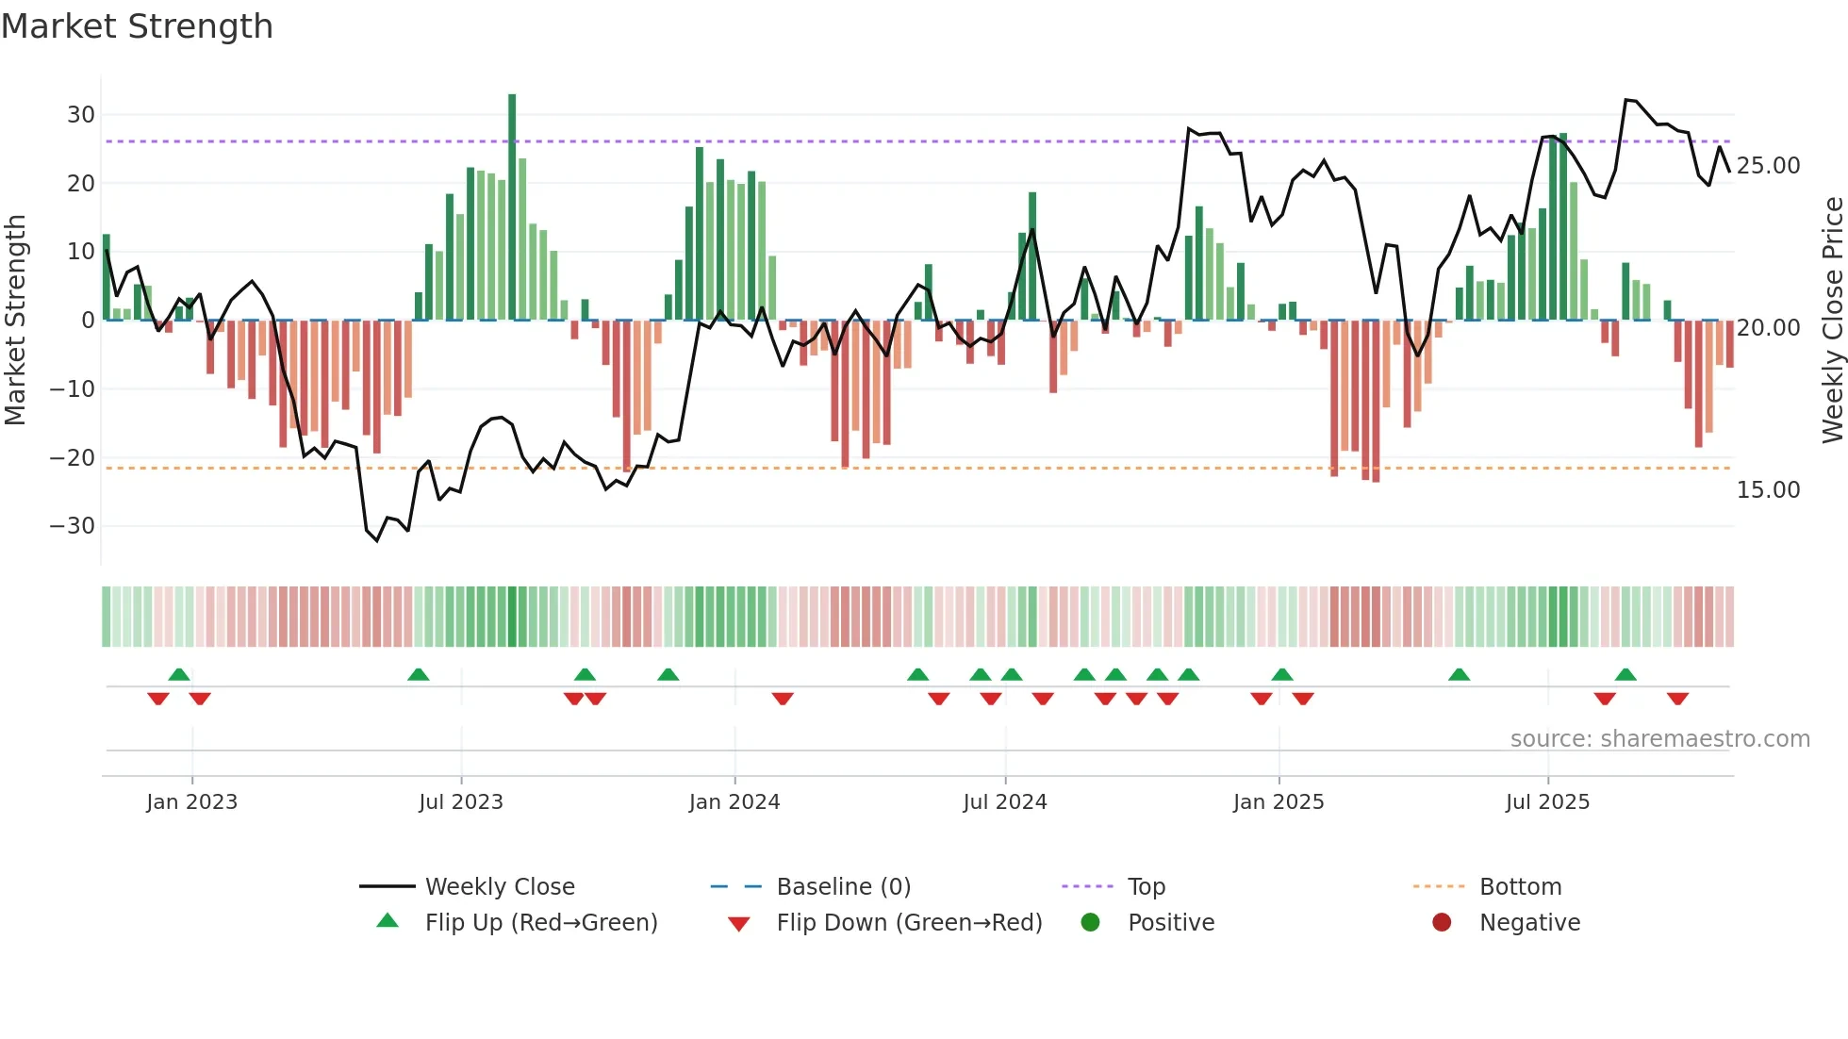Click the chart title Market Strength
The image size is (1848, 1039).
point(137,26)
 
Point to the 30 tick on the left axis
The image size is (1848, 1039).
point(80,115)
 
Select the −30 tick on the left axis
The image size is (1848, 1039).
point(73,526)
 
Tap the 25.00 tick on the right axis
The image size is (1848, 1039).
point(1768,166)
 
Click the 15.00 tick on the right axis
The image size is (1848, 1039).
point(1768,490)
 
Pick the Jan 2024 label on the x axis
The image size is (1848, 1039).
point(734,802)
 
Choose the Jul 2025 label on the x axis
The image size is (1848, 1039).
point(1547,802)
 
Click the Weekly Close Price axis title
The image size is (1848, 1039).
point(1832,321)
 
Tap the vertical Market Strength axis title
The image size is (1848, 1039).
point(15,321)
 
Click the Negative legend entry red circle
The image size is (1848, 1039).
point(1442,923)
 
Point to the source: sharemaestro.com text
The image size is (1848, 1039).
point(1659,739)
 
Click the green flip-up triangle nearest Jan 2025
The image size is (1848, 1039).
point(1281,675)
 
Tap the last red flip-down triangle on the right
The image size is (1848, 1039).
point(1677,699)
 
